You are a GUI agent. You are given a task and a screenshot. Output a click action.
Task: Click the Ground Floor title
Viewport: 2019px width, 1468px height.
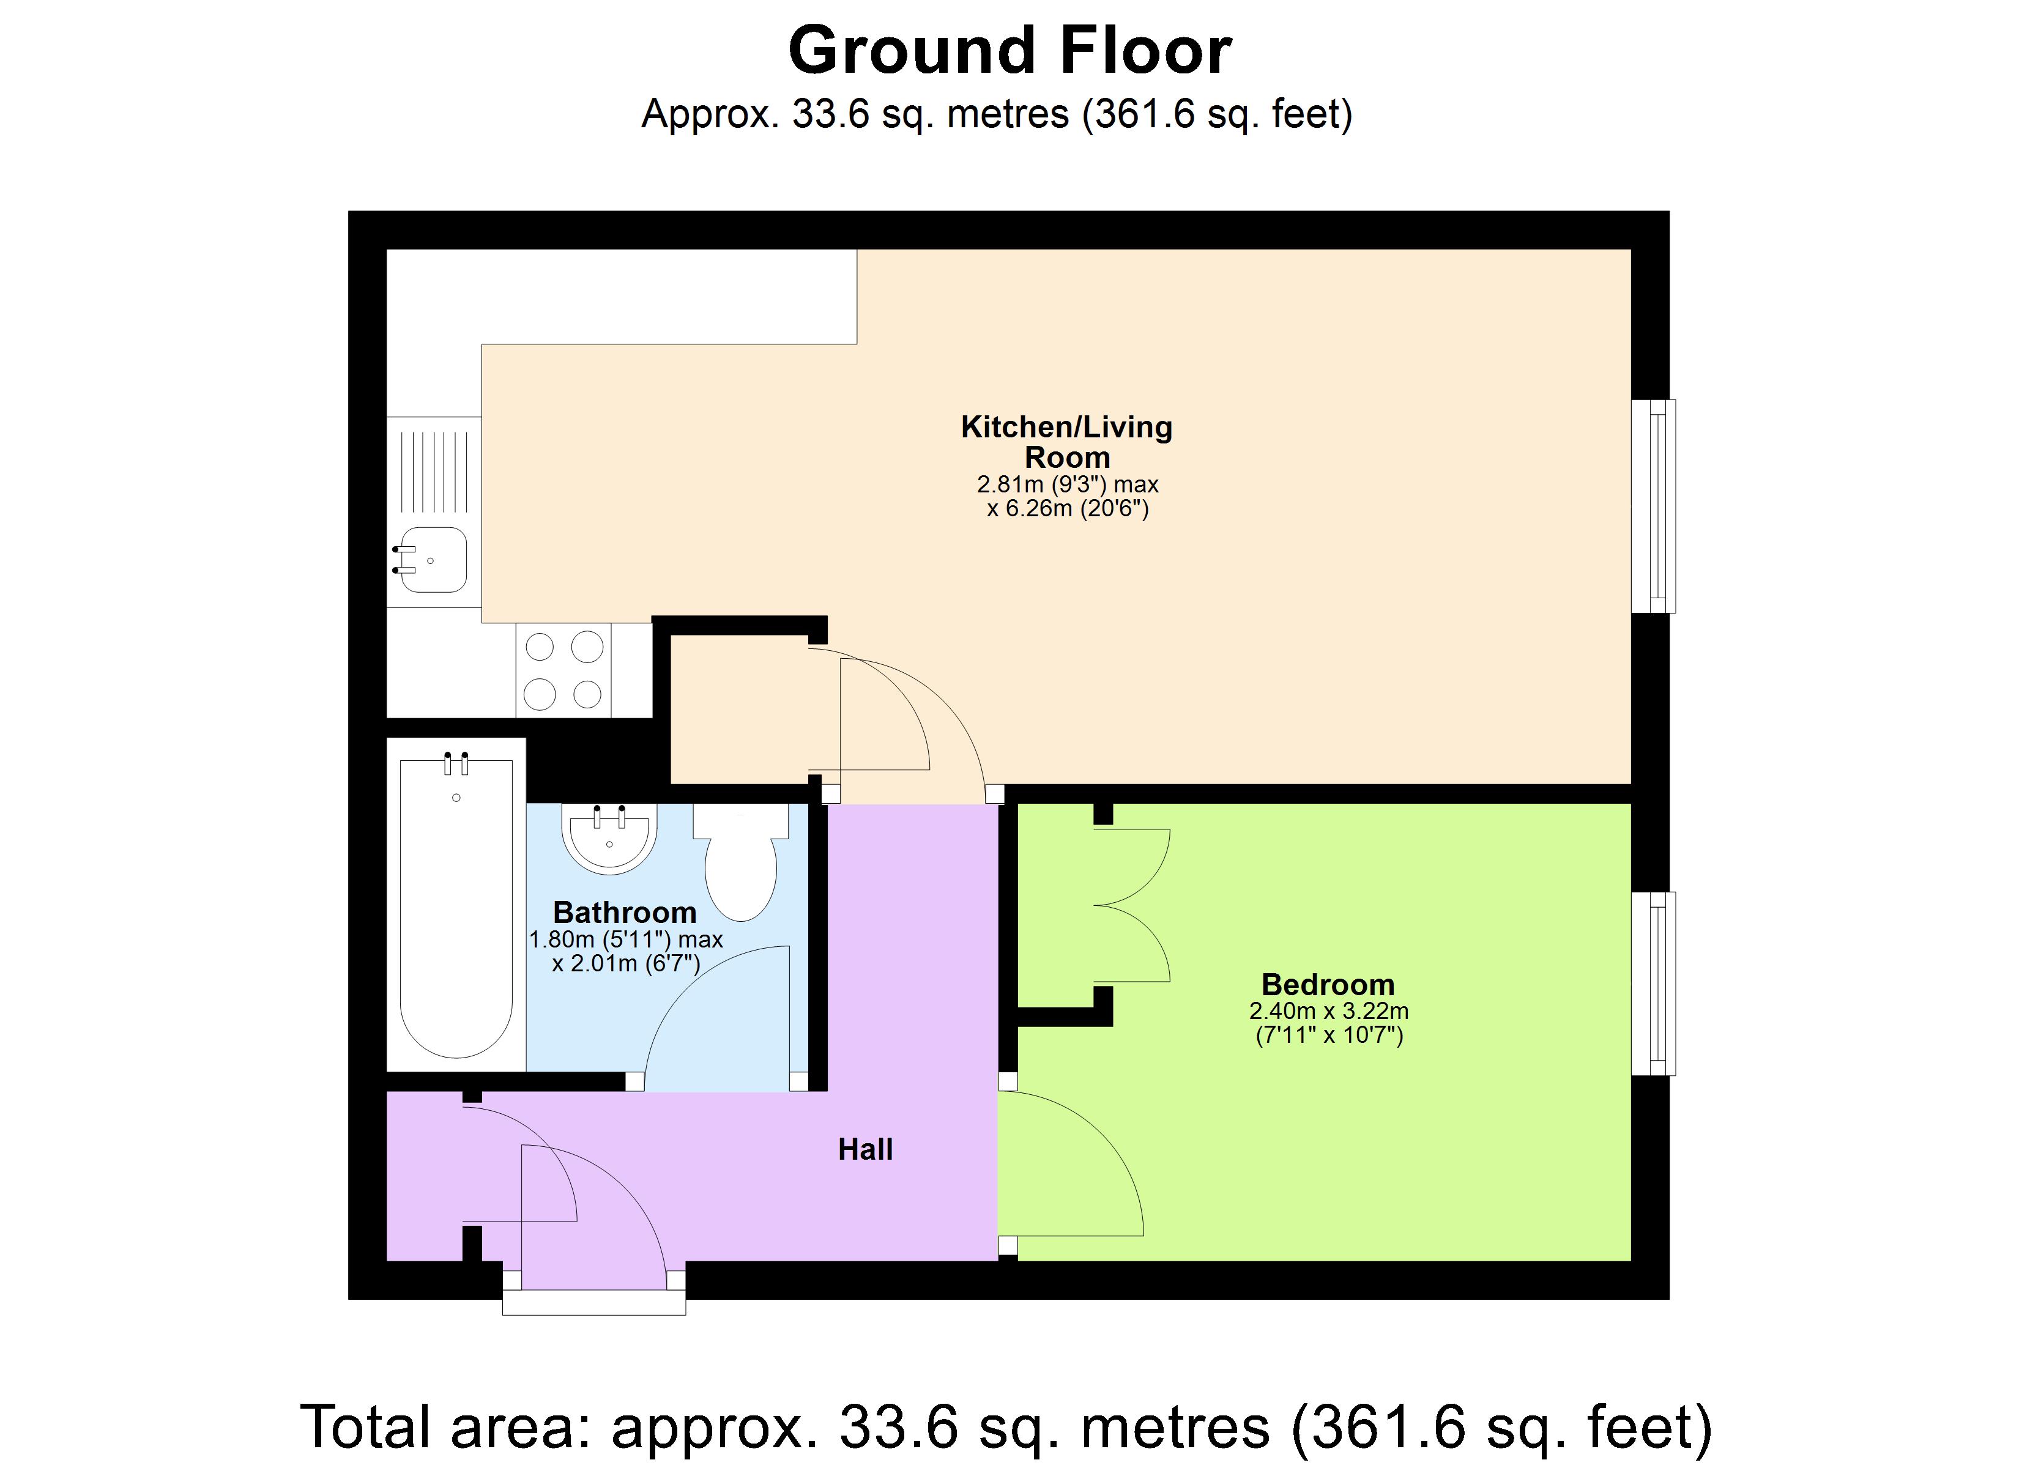[x=1009, y=51]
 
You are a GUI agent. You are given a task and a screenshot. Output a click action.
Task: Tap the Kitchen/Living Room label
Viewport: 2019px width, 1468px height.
[x=1066, y=442]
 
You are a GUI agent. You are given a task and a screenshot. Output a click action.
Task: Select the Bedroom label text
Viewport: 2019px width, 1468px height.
[x=1327, y=985]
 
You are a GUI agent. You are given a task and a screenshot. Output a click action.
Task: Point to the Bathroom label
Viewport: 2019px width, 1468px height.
[x=624, y=913]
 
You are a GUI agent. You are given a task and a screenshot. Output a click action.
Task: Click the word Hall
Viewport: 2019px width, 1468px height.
[x=864, y=1149]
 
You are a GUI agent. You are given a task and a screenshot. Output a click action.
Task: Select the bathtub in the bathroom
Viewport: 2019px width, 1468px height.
[x=456, y=908]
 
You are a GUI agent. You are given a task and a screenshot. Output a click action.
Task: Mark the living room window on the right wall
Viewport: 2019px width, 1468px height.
[x=1653, y=506]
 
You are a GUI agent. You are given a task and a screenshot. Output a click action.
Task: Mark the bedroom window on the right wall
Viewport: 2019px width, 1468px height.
[x=1653, y=984]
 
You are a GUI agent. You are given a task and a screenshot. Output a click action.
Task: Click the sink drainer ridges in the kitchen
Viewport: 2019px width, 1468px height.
[x=434, y=472]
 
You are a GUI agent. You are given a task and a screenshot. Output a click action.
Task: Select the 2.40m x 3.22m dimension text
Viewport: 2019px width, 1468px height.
[x=1328, y=1011]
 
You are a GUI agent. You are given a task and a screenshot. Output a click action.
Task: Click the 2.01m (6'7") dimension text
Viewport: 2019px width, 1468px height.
[x=626, y=963]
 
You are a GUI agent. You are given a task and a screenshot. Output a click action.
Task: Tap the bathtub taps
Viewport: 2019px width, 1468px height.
[x=456, y=763]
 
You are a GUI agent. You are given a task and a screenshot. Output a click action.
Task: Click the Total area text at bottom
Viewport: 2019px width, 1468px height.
[x=1006, y=1427]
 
